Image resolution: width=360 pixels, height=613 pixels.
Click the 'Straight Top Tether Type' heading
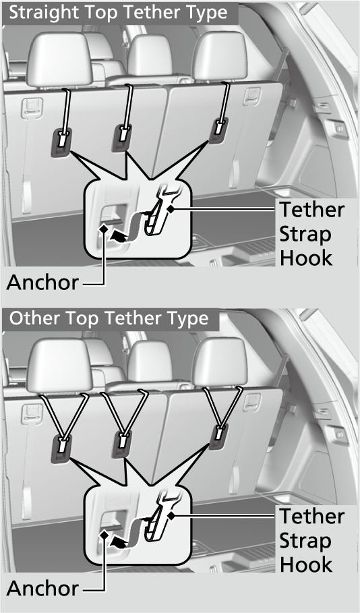coord(118,13)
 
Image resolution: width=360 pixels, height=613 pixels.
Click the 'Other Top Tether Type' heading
coord(109,319)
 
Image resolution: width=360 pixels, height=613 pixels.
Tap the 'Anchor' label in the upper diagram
coord(42,283)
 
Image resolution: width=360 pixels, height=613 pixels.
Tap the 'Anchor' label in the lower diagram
coord(42,588)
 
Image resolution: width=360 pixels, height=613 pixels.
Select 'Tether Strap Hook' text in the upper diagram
coord(311,234)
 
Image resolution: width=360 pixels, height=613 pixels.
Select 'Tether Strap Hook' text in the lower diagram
coord(311,540)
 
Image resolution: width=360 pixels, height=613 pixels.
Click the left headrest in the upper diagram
coord(59,59)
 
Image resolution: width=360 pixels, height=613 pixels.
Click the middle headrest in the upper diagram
coord(150,56)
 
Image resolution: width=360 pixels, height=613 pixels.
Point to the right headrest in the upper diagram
coord(219,56)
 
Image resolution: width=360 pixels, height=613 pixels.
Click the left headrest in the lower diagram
coord(59,366)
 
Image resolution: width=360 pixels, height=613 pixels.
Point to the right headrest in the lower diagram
coord(219,362)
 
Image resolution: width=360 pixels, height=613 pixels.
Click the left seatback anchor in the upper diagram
coord(61,143)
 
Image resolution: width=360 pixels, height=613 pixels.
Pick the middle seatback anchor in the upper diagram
coord(122,138)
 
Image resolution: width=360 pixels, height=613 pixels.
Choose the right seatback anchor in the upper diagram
coord(219,132)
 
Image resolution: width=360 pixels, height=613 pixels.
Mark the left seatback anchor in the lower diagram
coord(61,449)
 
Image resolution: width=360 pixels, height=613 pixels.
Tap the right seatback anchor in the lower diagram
coord(219,438)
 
